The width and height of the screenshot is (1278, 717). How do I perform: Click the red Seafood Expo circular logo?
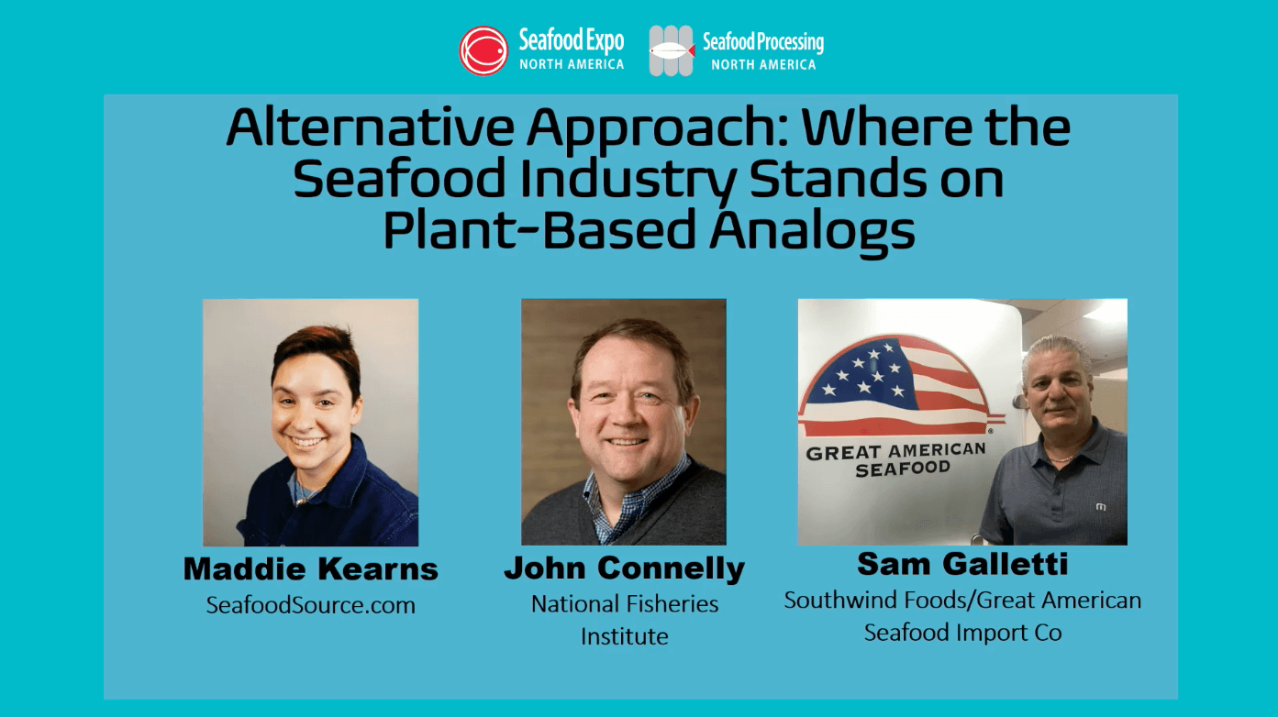(483, 50)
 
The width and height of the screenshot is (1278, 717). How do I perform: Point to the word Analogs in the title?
(813, 230)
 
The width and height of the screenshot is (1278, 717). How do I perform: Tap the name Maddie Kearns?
(310, 568)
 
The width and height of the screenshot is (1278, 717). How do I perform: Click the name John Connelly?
(624, 568)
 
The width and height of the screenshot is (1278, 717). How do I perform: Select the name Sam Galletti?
(962, 564)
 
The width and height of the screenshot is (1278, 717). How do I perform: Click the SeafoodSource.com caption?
(311, 604)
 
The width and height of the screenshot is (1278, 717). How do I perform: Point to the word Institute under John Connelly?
(624, 636)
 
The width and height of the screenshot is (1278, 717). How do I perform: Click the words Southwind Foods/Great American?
(962, 600)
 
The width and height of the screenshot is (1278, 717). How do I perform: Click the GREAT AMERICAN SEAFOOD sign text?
(896, 459)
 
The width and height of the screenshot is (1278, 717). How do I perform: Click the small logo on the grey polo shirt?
(1101, 506)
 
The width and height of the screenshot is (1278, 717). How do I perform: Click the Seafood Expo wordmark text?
(571, 50)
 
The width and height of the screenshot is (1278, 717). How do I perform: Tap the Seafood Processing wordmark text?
(762, 50)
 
